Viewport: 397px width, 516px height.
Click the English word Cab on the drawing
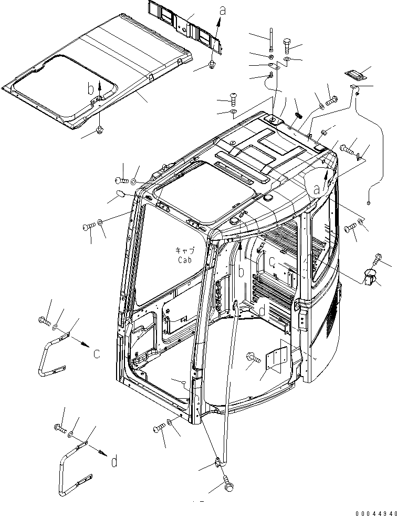(184, 259)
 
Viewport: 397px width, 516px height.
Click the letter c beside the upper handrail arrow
(97, 354)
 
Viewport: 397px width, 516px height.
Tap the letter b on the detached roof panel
(91, 88)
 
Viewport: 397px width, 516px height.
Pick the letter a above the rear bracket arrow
(222, 9)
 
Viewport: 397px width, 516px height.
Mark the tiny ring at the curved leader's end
(369, 203)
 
